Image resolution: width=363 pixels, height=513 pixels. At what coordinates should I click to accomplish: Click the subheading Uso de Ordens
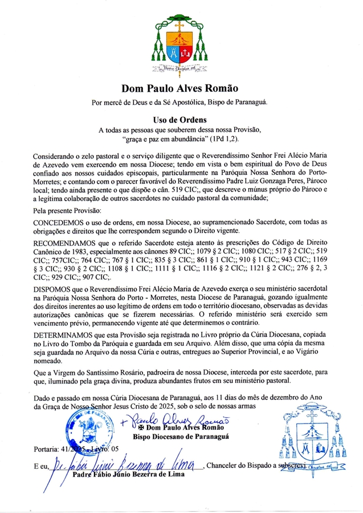click(180, 120)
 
